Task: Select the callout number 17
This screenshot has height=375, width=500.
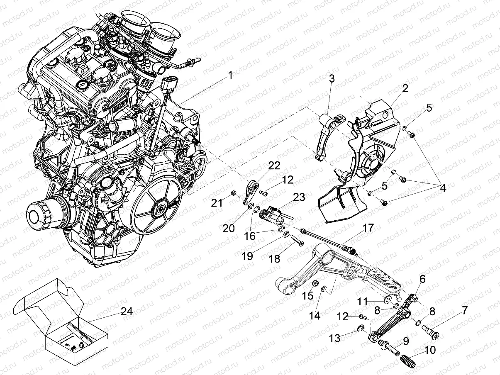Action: tap(368, 228)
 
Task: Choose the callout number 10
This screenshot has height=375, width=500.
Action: tap(430, 350)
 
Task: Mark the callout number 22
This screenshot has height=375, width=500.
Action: tap(274, 166)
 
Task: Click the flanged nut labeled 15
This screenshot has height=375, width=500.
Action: tap(315, 283)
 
